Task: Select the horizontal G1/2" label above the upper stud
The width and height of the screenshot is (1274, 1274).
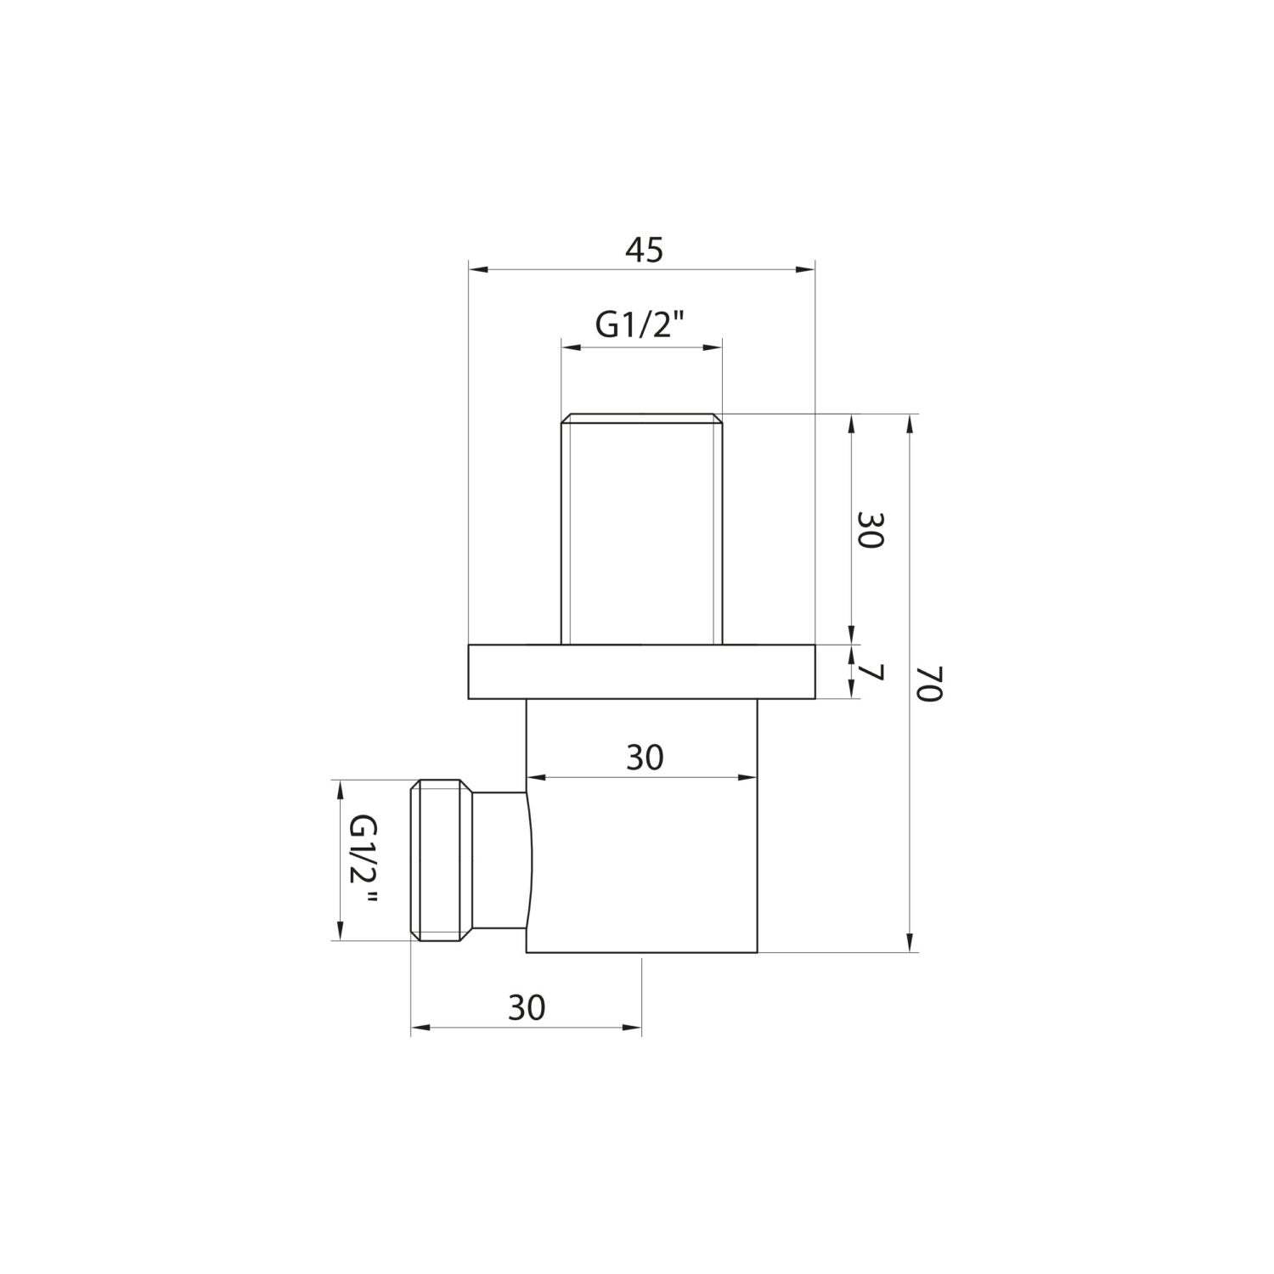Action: [640, 326]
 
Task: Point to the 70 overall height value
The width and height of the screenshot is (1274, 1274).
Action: [930, 683]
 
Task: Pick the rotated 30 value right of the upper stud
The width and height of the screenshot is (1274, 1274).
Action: [871, 530]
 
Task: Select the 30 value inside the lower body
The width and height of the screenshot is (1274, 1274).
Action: [644, 758]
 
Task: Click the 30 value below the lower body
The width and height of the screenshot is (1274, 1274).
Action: [527, 1008]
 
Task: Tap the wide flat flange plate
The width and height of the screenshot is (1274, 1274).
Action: [641, 672]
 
